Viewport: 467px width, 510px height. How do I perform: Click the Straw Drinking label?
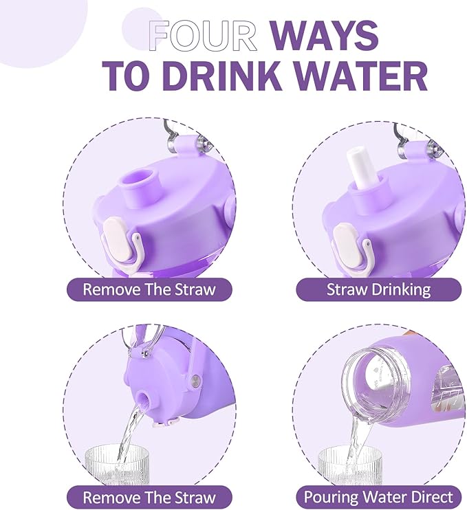(378, 289)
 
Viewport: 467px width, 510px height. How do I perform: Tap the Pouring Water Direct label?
(378, 497)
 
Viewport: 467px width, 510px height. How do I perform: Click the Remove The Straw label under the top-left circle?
(149, 289)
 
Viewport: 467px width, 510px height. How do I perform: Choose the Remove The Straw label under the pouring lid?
(149, 497)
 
